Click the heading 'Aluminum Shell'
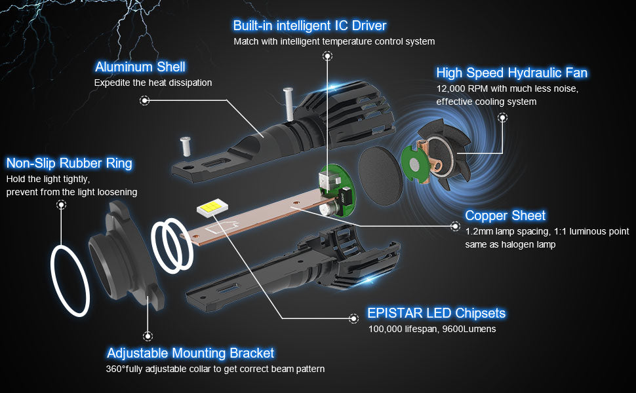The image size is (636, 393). (x=140, y=67)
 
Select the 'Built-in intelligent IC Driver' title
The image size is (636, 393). (x=309, y=26)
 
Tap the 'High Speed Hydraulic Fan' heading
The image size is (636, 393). (x=511, y=73)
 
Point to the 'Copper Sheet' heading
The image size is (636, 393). (x=505, y=215)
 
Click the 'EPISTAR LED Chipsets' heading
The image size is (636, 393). (x=436, y=313)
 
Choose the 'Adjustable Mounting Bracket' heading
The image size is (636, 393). (x=190, y=353)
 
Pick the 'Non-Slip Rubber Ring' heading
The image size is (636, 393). (x=69, y=163)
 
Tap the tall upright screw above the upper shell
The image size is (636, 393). (x=288, y=103)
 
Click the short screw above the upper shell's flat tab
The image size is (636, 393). (x=186, y=146)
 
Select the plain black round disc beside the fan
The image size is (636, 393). (x=380, y=176)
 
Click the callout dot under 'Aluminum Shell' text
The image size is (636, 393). (x=144, y=100)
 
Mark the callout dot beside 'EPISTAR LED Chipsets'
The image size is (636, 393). (x=353, y=318)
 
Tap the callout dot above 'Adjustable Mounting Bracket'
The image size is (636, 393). (x=148, y=336)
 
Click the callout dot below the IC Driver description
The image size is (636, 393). (x=327, y=56)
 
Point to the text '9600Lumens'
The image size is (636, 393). (x=469, y=329)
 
